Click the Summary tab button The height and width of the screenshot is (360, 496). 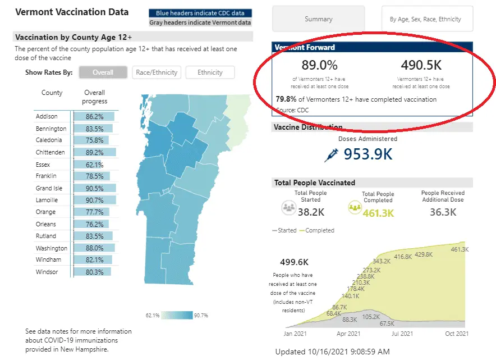tap(318, 19)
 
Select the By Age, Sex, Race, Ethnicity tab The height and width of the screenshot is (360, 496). tap(425, 19)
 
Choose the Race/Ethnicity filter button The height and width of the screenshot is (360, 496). tap(157, 72)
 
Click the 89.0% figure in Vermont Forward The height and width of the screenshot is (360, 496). tap(319, 65)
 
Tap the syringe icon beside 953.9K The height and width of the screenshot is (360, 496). tap(332, 154)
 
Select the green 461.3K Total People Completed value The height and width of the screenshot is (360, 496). tap(378, 213)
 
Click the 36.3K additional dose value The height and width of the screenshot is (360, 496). tap(443, 212)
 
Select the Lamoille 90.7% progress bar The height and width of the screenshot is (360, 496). tap(94, 200)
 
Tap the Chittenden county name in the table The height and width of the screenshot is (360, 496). tap(50, 152)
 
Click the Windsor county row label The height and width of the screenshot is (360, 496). tap(47, 272)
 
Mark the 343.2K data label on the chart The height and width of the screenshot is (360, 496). tap(381, 261)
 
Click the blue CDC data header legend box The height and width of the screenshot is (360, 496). tap(200, 13)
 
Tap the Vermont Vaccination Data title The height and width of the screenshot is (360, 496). tap(71, 12)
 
